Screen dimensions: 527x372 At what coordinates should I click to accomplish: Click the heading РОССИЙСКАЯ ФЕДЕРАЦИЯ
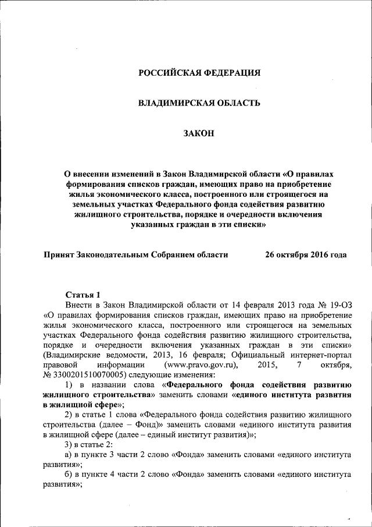pyautogui.click(x=199, y=73)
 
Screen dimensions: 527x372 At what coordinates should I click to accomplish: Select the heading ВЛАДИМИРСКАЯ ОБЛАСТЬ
pyautogui.click(x=199, y=103)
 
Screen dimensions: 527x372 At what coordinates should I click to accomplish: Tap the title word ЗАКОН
pyautogui.click(x=199, y=133)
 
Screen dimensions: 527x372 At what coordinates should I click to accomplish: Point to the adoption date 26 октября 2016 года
pyautogui.click(x=306, y=254)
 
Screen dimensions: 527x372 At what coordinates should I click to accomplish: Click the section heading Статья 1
pyautogui.click(x=83, y=295)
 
